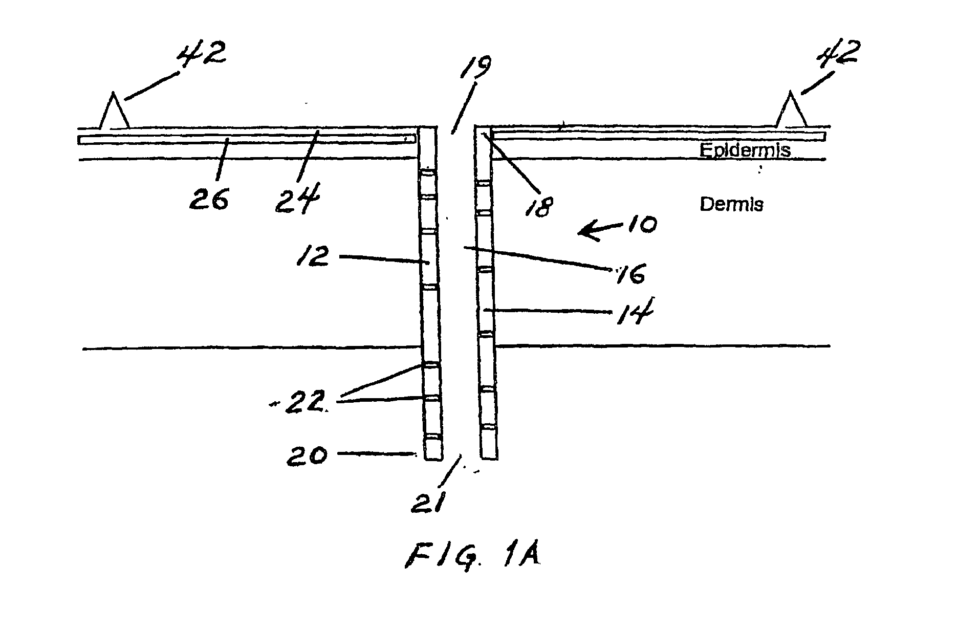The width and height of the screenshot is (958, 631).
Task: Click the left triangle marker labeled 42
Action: pyautogui.click(x=114, y=112)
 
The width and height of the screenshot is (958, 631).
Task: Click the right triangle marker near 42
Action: pyautogui.click(x=791, y=111)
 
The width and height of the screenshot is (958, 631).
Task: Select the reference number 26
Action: pyautogui.click(x=209, y=199)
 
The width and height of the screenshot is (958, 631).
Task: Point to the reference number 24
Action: pyautogui.click(x=298, y=200)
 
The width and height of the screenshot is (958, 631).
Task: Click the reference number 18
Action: pyautogui.click(x=539, y=205)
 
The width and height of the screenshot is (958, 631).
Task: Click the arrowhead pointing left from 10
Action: pyautogui.click(x=583, y=233)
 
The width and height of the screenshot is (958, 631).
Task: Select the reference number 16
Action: pyautogui.click(x=629, y=274)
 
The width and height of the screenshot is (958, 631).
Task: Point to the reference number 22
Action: pyautogui.click(x=306, y=403)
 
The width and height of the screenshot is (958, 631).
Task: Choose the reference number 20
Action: pyautogui.click(x=306, y=454)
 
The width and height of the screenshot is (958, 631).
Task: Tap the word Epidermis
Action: pyautogui.click(x=745, y=150)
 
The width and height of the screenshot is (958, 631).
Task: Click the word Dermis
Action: pyautogui.click(x=731, y=205)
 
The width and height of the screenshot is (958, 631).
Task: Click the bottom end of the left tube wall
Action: pyautogui.click(x=433, y=457)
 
